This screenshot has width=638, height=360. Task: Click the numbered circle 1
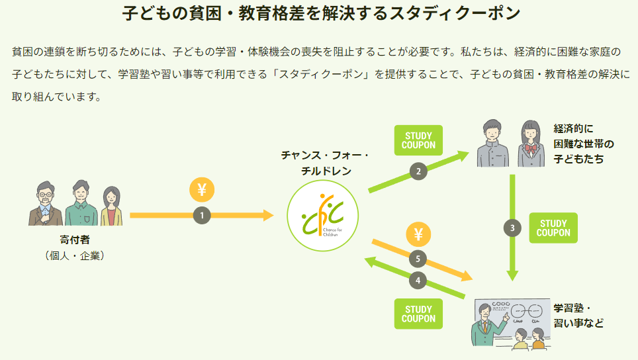pos(203,214)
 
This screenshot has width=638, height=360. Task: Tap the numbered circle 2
pos(418,171)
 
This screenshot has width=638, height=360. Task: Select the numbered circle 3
pos(512,228)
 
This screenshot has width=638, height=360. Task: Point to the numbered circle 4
pos(418,280)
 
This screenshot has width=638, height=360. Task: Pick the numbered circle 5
pos(418,258)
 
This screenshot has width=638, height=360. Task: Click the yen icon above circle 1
pos(203,189)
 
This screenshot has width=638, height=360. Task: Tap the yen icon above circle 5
pos(418,234)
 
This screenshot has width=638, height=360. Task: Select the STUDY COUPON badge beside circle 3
pos(553,228)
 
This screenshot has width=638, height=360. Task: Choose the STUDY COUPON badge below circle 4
pos(418,314)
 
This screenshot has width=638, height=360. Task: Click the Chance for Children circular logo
pos(322,216)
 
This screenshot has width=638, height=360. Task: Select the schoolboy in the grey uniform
pos(492,145)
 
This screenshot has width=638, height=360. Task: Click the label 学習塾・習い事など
pos(578,316)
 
